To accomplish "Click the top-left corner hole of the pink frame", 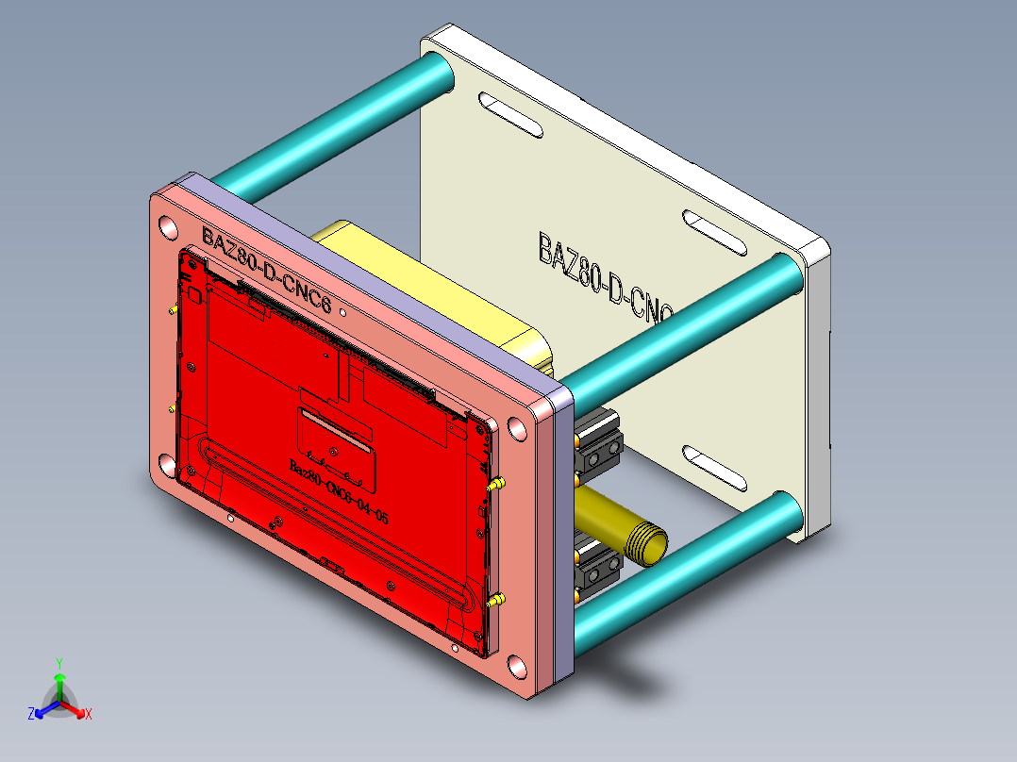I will click(x=168, y=227).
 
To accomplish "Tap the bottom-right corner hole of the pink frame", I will click(x=518, y=669).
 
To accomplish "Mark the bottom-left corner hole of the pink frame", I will click(x=167, y=464).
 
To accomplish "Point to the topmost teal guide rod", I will click(x=330, y=123).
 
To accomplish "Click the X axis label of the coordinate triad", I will click(x=89, y=715).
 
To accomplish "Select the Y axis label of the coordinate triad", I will click(x=58, y=663).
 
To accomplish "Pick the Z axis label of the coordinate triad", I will click(x=31, y=715).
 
